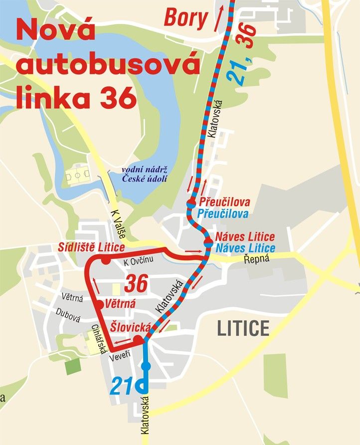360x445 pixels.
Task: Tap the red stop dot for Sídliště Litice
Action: click(x=105, y=260)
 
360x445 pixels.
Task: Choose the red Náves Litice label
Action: click(x=245, y=237)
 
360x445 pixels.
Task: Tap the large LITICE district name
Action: click(x=243, y=328)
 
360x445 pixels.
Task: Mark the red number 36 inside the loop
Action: click(x=137, y=284)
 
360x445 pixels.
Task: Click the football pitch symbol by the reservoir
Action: click(x=79, y=176)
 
